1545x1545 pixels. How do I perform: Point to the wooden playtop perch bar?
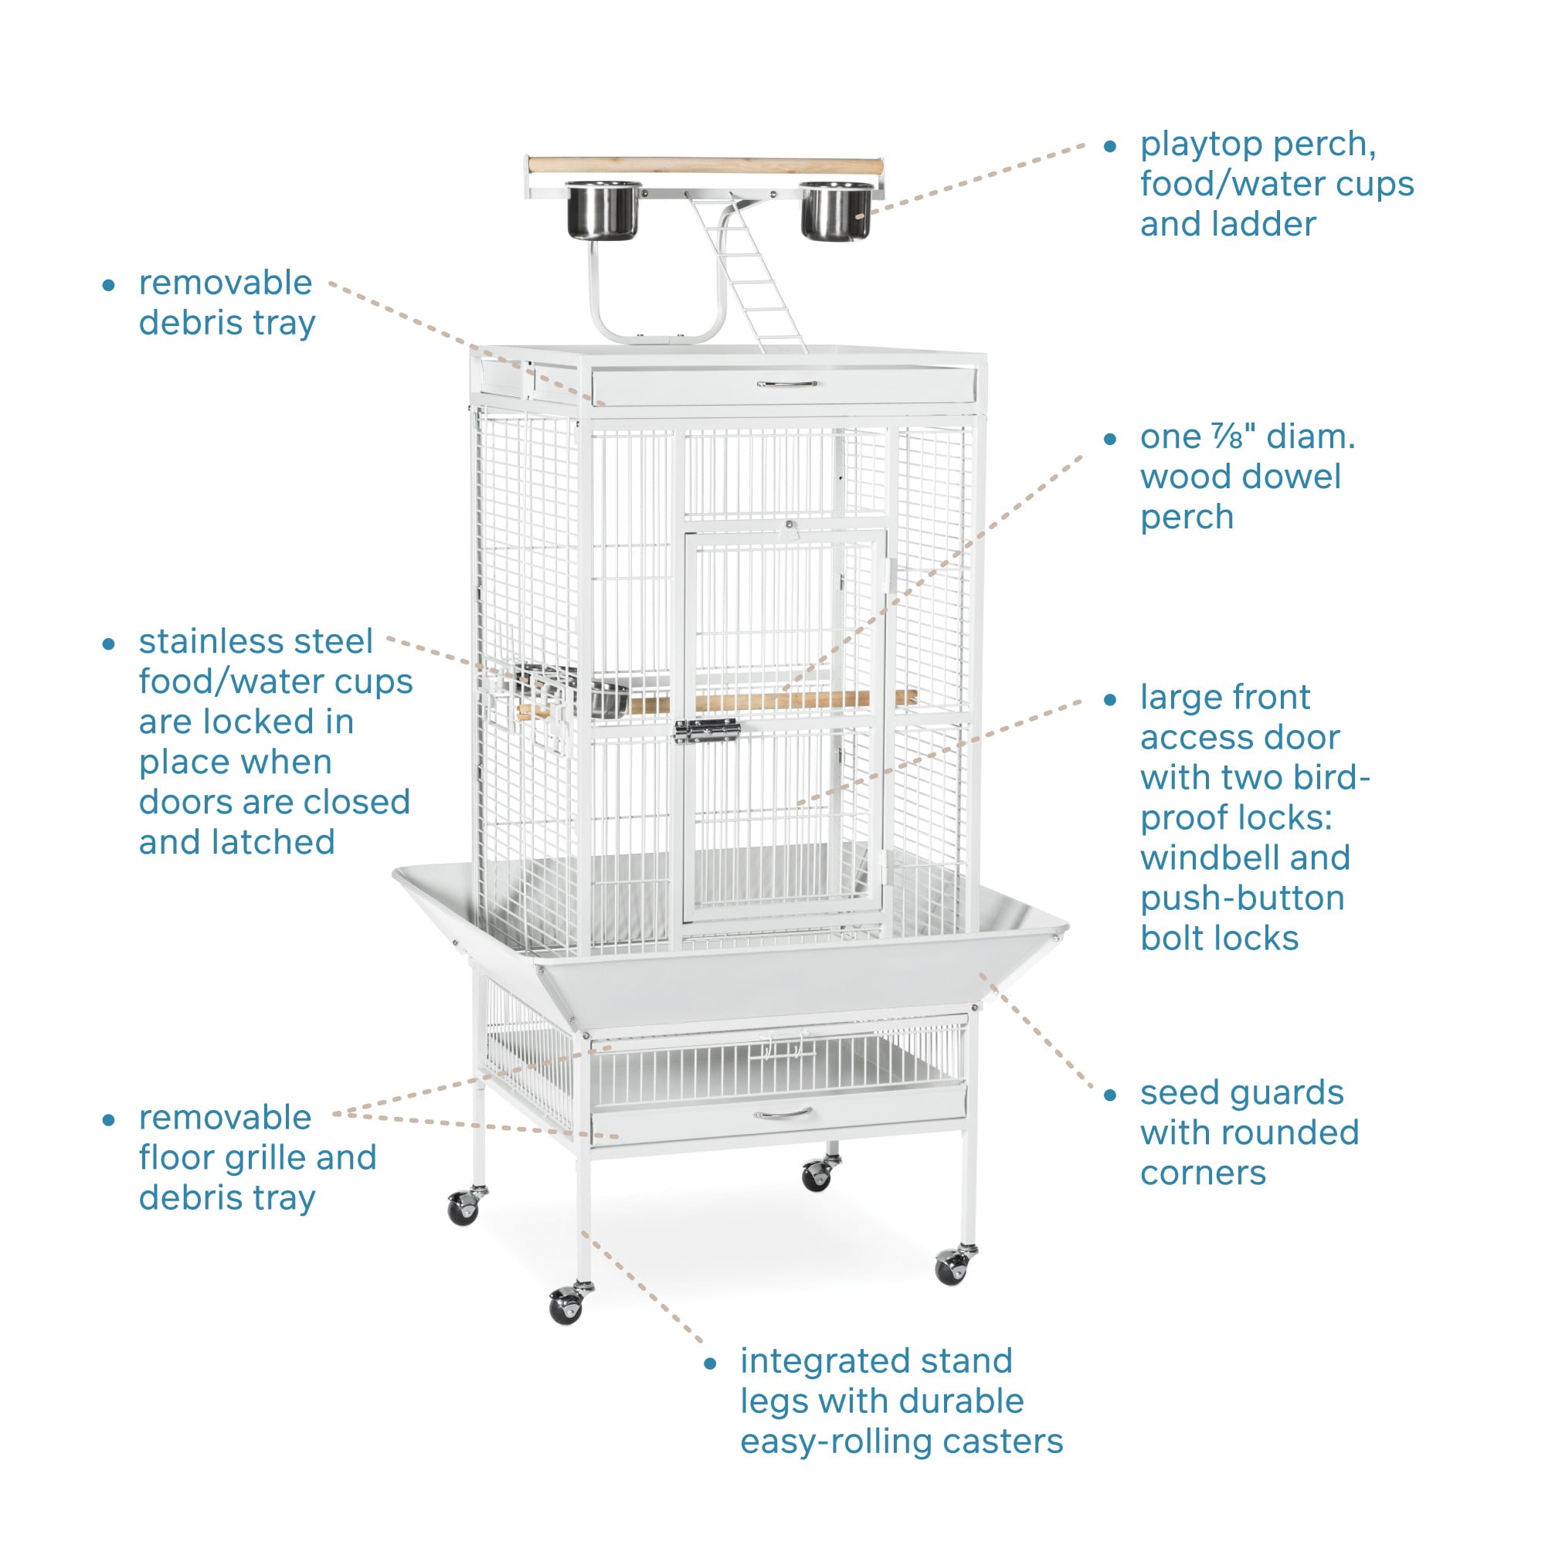pos(704,165)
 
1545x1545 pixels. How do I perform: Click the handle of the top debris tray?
pos(787,384)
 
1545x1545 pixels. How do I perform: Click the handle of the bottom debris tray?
pos(783,1113)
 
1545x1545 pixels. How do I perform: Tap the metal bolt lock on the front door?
pos(706,730)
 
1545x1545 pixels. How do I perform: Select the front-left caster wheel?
pos(566,1305)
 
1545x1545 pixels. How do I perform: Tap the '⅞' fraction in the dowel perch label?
pos(1226,436)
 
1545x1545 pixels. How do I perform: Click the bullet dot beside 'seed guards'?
pos(1110,1095)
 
